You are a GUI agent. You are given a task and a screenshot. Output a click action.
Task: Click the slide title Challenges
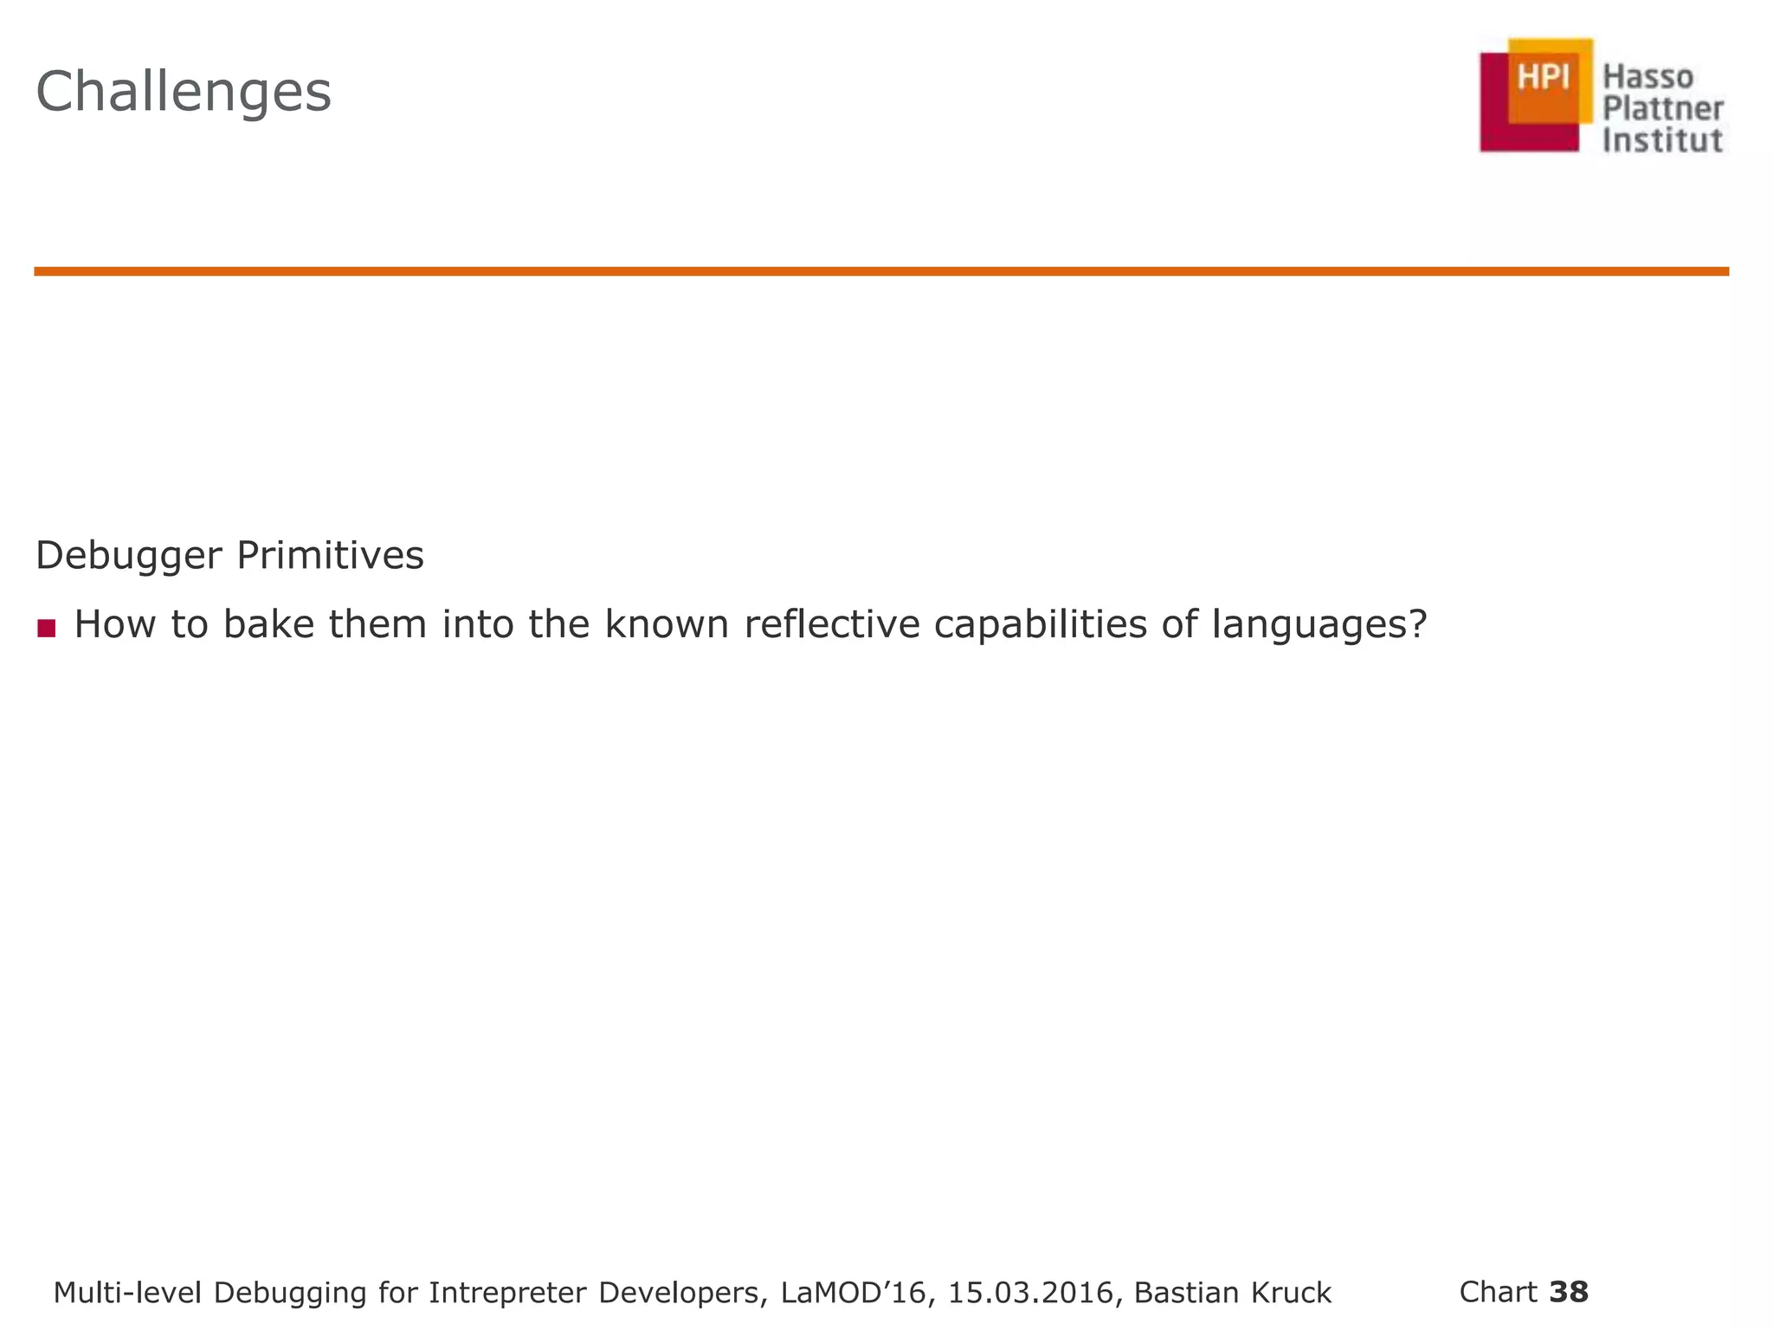(x=183, y=92)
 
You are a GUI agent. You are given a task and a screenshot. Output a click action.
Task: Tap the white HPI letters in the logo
(x=1544, y=78)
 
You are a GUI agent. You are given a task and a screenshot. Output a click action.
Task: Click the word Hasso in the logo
(x=1647, y=78)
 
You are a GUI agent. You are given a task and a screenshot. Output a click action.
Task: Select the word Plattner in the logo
(x=1663, y=110)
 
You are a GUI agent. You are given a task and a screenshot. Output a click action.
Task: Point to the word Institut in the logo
(x=1662, y=140)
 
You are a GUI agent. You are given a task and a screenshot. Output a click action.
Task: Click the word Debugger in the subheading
(x=129, y=556)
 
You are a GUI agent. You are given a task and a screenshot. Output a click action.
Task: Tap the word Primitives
(x=330, y=556)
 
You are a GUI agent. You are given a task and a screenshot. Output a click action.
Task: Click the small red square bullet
(x=47, y=628)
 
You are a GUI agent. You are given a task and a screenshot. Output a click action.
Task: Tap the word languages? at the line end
(x=1318, y=626)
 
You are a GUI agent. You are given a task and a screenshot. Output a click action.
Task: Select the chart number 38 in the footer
(x=1569, y=1291)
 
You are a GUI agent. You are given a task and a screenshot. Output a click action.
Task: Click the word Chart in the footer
(x=1498, y=1291)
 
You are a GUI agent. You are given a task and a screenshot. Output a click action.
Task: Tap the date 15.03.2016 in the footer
(x=1030, y=1293)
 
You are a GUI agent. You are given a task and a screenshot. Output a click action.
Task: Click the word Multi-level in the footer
(x=127, y=1293)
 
